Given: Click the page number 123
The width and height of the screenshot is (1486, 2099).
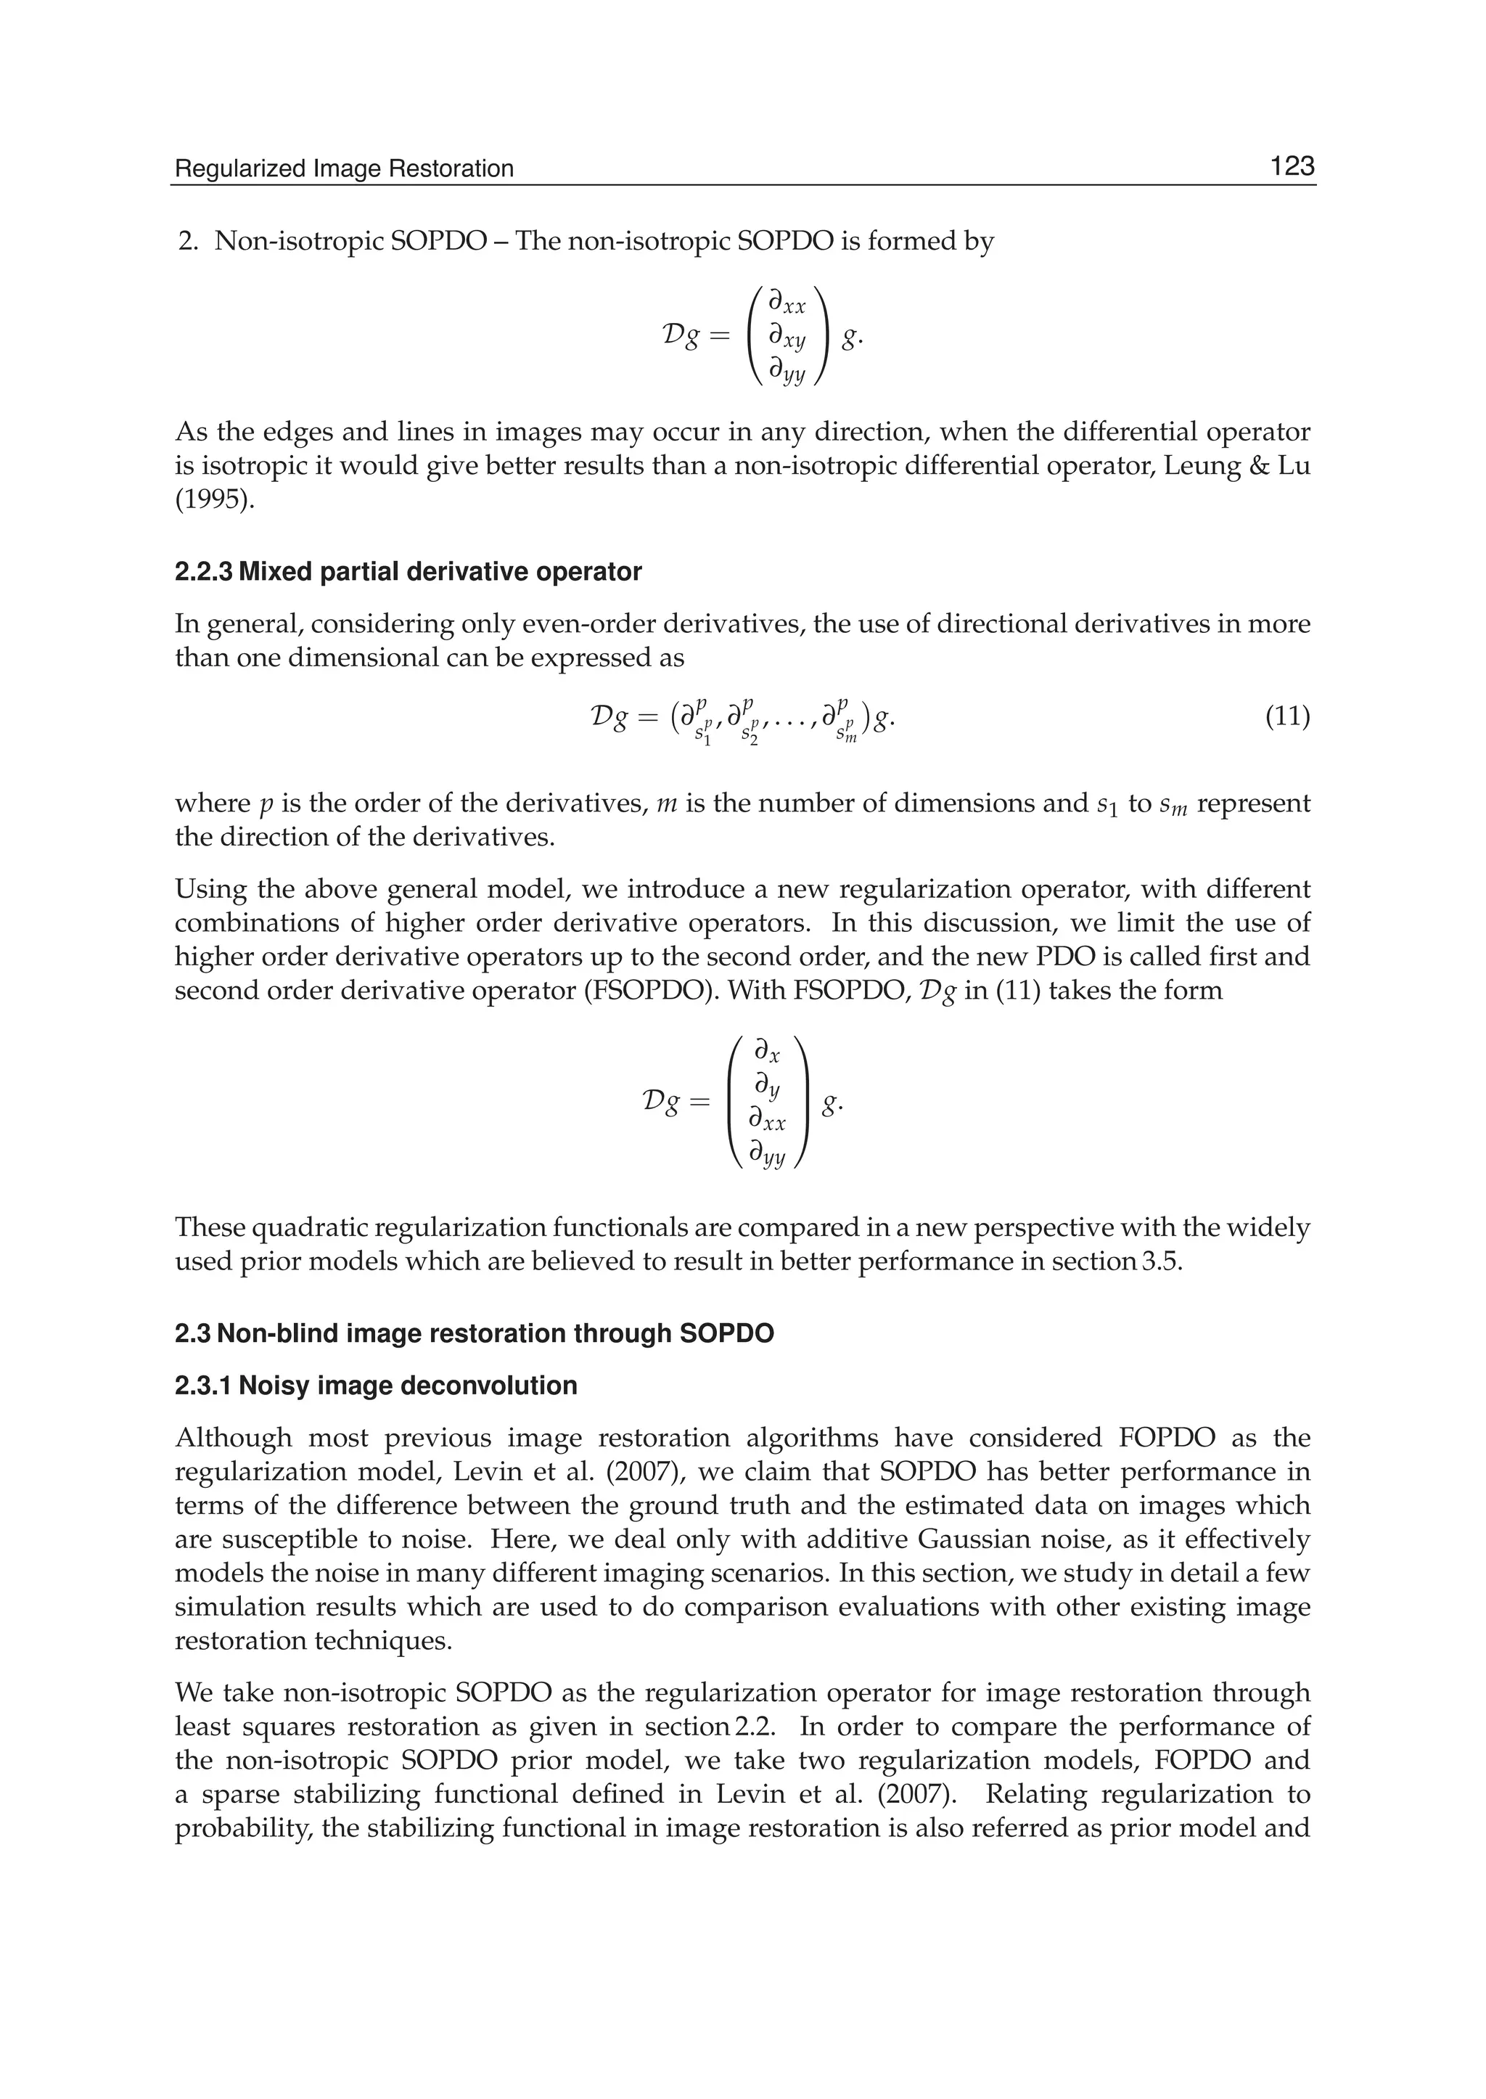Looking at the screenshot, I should point(1291,167).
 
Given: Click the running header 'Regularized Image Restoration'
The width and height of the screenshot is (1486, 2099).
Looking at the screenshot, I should point(344,169).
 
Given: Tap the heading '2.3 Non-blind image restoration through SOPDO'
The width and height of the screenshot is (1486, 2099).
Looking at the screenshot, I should point(474,1334).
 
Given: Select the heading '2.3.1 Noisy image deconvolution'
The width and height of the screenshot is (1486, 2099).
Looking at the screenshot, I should point(376,1386).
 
